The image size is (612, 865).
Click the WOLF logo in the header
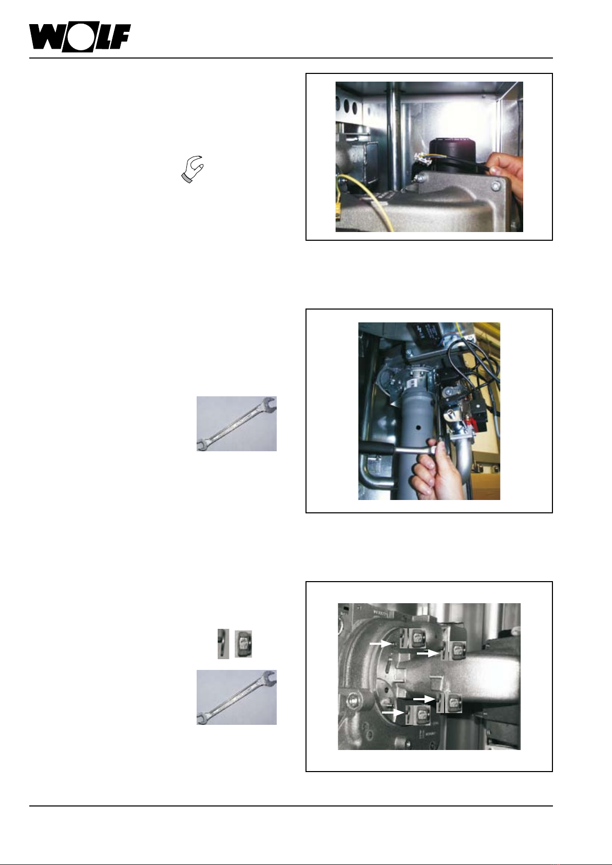tap(80, 37)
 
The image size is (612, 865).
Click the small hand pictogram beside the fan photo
tap(193, 169)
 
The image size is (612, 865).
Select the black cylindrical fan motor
tap(452, 152)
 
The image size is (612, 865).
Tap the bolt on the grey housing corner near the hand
tap(496, 186)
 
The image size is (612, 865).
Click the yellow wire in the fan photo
tap(367, 201)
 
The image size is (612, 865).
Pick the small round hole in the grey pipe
tap(418, 428)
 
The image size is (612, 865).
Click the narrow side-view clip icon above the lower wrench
tap(223, 644)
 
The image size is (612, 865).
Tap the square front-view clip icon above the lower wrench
tap(243, 644)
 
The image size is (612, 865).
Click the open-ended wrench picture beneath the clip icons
tap(237, 697)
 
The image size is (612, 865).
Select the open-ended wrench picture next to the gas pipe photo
tap(237, 424)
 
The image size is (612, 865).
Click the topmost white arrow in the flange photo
tap(381, 643)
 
